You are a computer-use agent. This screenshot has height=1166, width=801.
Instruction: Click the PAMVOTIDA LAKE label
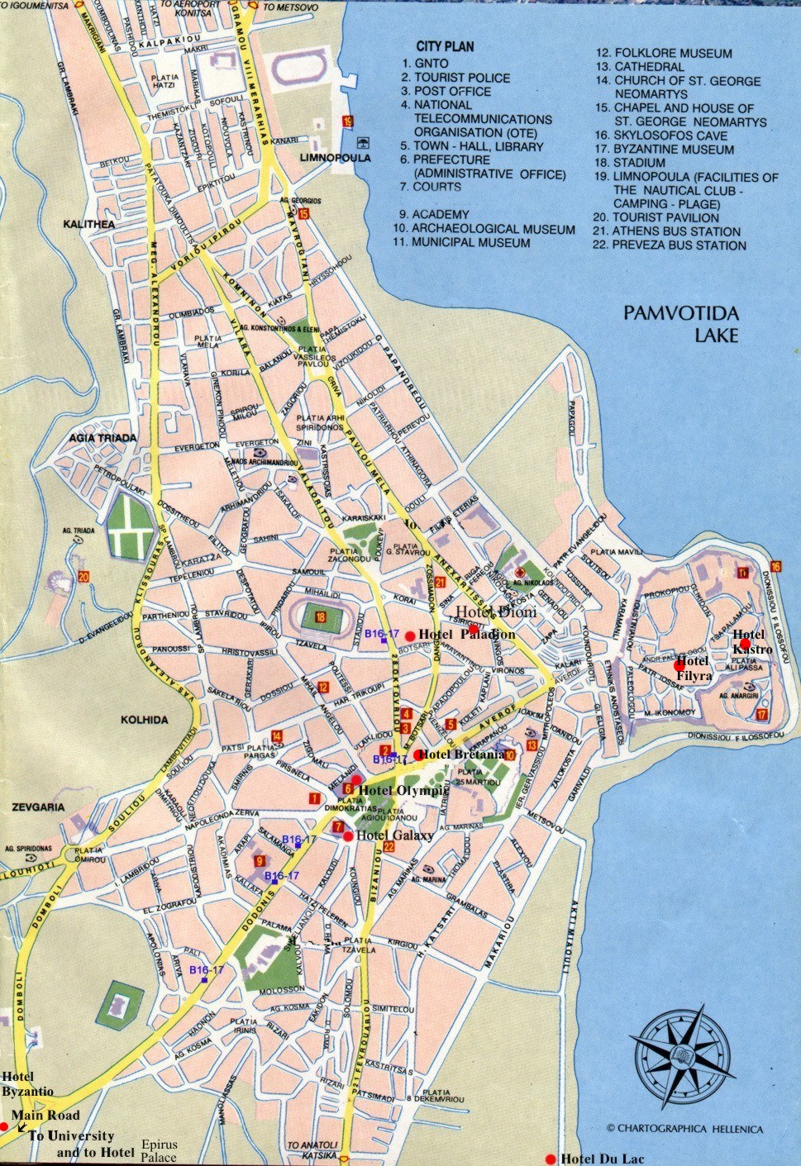(681, 324)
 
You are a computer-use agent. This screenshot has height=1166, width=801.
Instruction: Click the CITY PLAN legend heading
(445, 46)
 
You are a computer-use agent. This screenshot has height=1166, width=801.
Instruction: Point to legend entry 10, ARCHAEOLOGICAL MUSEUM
(484, 229)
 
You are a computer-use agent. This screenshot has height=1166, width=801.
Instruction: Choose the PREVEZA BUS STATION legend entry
(670, 245)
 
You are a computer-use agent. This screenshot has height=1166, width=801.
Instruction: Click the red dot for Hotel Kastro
(745, 643)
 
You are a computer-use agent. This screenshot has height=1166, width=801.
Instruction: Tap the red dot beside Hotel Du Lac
(551, 1158)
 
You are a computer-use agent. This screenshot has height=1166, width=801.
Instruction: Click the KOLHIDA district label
(144, 720)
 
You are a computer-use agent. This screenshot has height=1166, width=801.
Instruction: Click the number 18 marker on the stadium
(319, 616)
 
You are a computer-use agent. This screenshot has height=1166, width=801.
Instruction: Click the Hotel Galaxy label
(394, 835)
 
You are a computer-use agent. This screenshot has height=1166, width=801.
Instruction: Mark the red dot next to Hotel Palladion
(410, 635)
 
